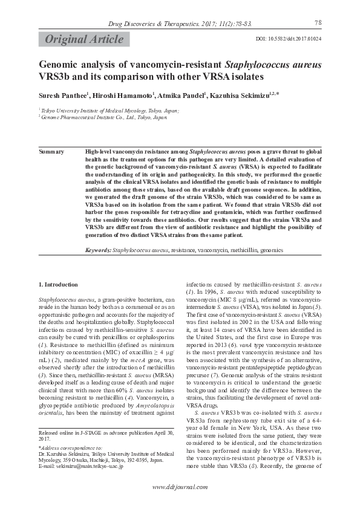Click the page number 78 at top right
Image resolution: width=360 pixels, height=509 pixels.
tap(318, 22)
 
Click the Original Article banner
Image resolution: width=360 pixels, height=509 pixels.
tap(83, 39)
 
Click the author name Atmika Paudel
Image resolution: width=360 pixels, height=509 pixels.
tap(183, 95)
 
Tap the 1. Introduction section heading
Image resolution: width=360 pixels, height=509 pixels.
tap(58, 284)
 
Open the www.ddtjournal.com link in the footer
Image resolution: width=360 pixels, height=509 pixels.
tap(180, 487)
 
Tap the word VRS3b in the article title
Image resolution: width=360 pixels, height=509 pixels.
tap(53, 77)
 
